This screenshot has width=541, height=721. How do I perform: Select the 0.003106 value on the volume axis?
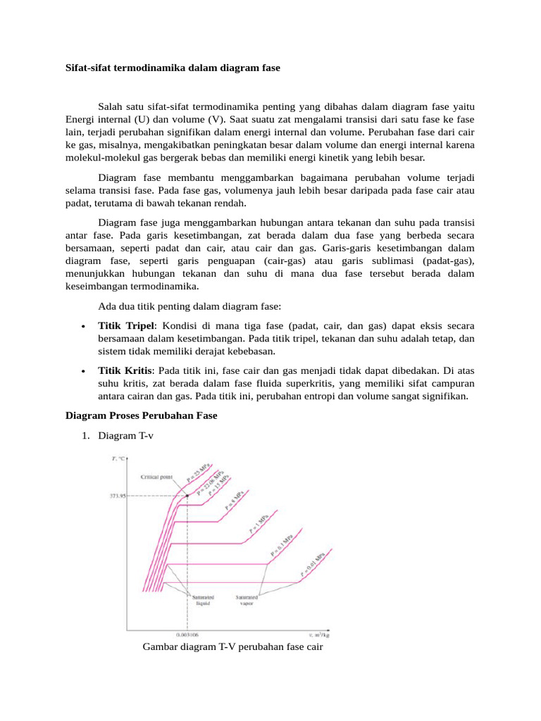click(186, 634)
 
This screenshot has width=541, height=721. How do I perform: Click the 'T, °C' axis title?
click(119, 459)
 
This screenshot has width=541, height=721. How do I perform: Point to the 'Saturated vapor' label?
click(246, 600)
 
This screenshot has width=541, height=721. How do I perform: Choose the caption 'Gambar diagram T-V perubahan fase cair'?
click(232, 646)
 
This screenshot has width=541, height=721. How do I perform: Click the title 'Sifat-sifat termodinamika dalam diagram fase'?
click(168, 68)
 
